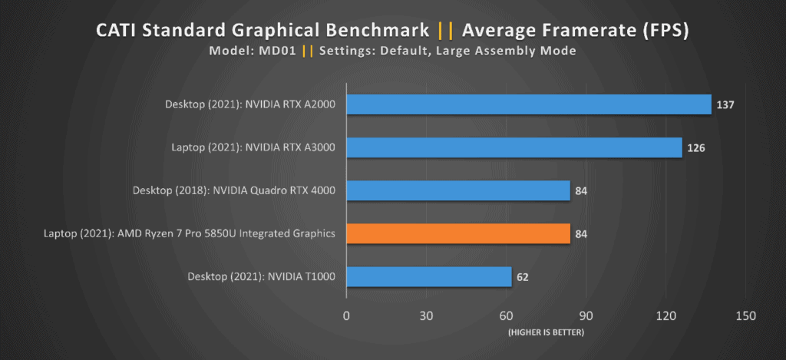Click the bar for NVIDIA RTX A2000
[x=529, y=104]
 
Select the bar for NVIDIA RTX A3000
[x=514, y=147]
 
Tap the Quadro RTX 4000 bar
[x=458, y=190]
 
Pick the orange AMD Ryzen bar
[x=458, y=233]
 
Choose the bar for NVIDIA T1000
[x=429, y=276]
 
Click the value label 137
[x=726, y=104]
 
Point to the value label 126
[x=697, y=147]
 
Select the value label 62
[x=523, y=276]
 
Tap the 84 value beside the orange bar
[x=582, y=233]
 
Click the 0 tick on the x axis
[x=346, y=316]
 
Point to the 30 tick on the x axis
[x=426, y=316]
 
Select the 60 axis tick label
[x=506, y=316]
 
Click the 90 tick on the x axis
[x=586, y=316]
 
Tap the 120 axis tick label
[x=665, y=316]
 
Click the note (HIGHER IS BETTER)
[x=546, y=332]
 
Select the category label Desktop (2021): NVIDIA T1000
[x=261, y=276]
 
